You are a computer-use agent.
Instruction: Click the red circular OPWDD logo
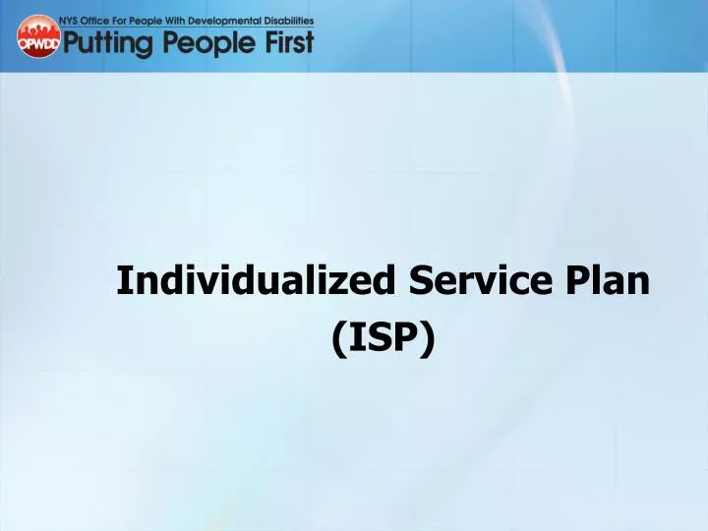tap(38, 37)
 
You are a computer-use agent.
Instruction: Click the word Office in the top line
tap(105, 20)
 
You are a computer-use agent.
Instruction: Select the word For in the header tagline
tap(131, 20)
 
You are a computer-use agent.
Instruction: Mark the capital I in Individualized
tap(124, 281)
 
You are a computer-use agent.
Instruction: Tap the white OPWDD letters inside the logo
tap(38, 43)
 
